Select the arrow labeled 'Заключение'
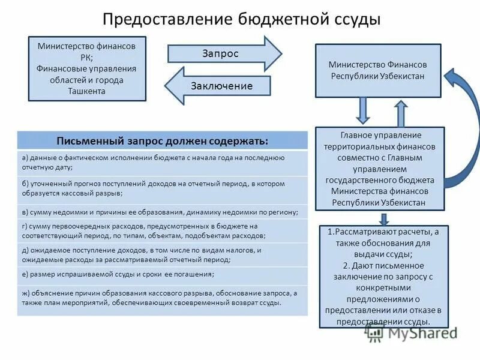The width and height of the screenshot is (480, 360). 219,86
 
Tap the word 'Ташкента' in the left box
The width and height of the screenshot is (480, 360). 87,91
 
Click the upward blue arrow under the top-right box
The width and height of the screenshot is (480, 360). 400,113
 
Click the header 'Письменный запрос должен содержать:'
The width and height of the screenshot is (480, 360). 162,140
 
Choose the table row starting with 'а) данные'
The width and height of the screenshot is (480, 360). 162,163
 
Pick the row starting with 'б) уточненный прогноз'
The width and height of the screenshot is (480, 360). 162,188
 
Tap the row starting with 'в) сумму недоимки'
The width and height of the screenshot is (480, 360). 162,212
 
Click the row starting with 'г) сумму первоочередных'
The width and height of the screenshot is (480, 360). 162,231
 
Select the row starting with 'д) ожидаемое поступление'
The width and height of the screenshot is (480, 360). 162,255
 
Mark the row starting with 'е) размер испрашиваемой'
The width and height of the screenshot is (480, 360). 162,274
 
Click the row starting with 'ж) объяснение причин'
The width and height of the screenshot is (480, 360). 162,298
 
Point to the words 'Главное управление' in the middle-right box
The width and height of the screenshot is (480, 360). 380,135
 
